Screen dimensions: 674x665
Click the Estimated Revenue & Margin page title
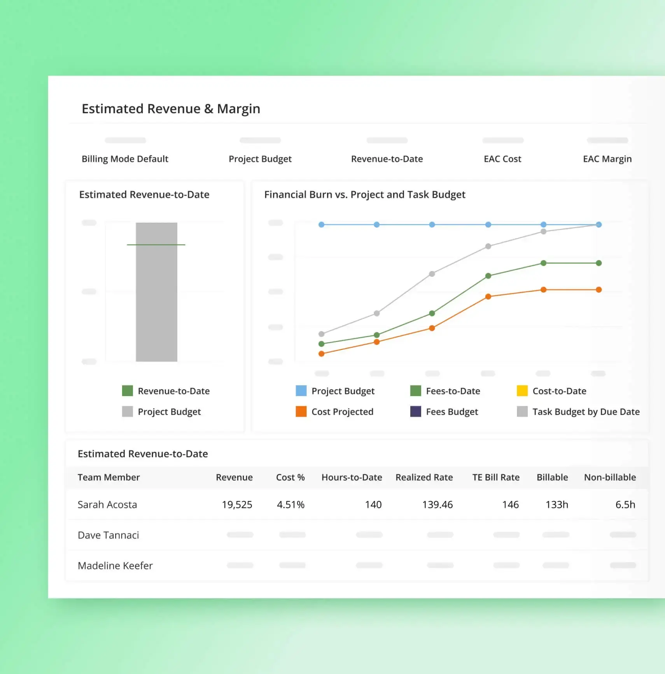[171, 109]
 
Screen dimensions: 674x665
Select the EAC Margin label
[607, 159]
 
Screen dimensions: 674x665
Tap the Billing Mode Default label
[125, 159]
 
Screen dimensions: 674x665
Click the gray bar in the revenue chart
[156, 303]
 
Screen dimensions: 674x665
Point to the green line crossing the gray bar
[156, 244]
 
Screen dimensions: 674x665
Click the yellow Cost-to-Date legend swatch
[522, 391]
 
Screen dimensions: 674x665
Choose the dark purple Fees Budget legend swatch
[415, 411]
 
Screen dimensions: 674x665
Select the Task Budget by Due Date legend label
[586, 412]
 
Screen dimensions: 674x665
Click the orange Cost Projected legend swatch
[301, 411]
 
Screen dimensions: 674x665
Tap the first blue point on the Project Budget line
[321, 225]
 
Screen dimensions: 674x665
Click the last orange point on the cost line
[598, 290]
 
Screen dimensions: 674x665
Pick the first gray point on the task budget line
[321, 334]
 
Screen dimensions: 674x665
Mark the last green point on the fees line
[598, 263]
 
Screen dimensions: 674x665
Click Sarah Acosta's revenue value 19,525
[237, 505]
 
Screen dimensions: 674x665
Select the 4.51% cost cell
[290, 505]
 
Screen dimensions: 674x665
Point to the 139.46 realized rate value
[437, 505]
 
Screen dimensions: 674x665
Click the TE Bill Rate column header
[496, 477]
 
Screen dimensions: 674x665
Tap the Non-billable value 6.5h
[625, 505]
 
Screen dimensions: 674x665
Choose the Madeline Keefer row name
[115, 566]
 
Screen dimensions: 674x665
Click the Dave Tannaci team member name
[108, 535]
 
